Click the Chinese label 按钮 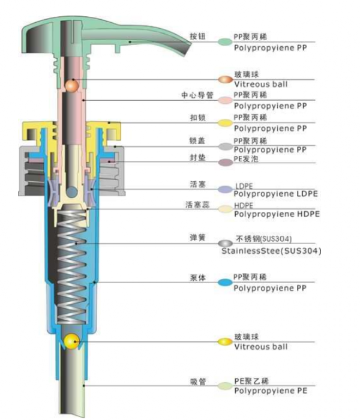(197, 37)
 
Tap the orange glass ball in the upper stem (71, 86)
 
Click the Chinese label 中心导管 (194, 95)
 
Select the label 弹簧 (197, 238)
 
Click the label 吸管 (197, 382)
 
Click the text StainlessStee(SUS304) (271, 251)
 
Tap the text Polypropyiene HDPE (276, 214)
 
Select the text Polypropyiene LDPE (275, 193)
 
